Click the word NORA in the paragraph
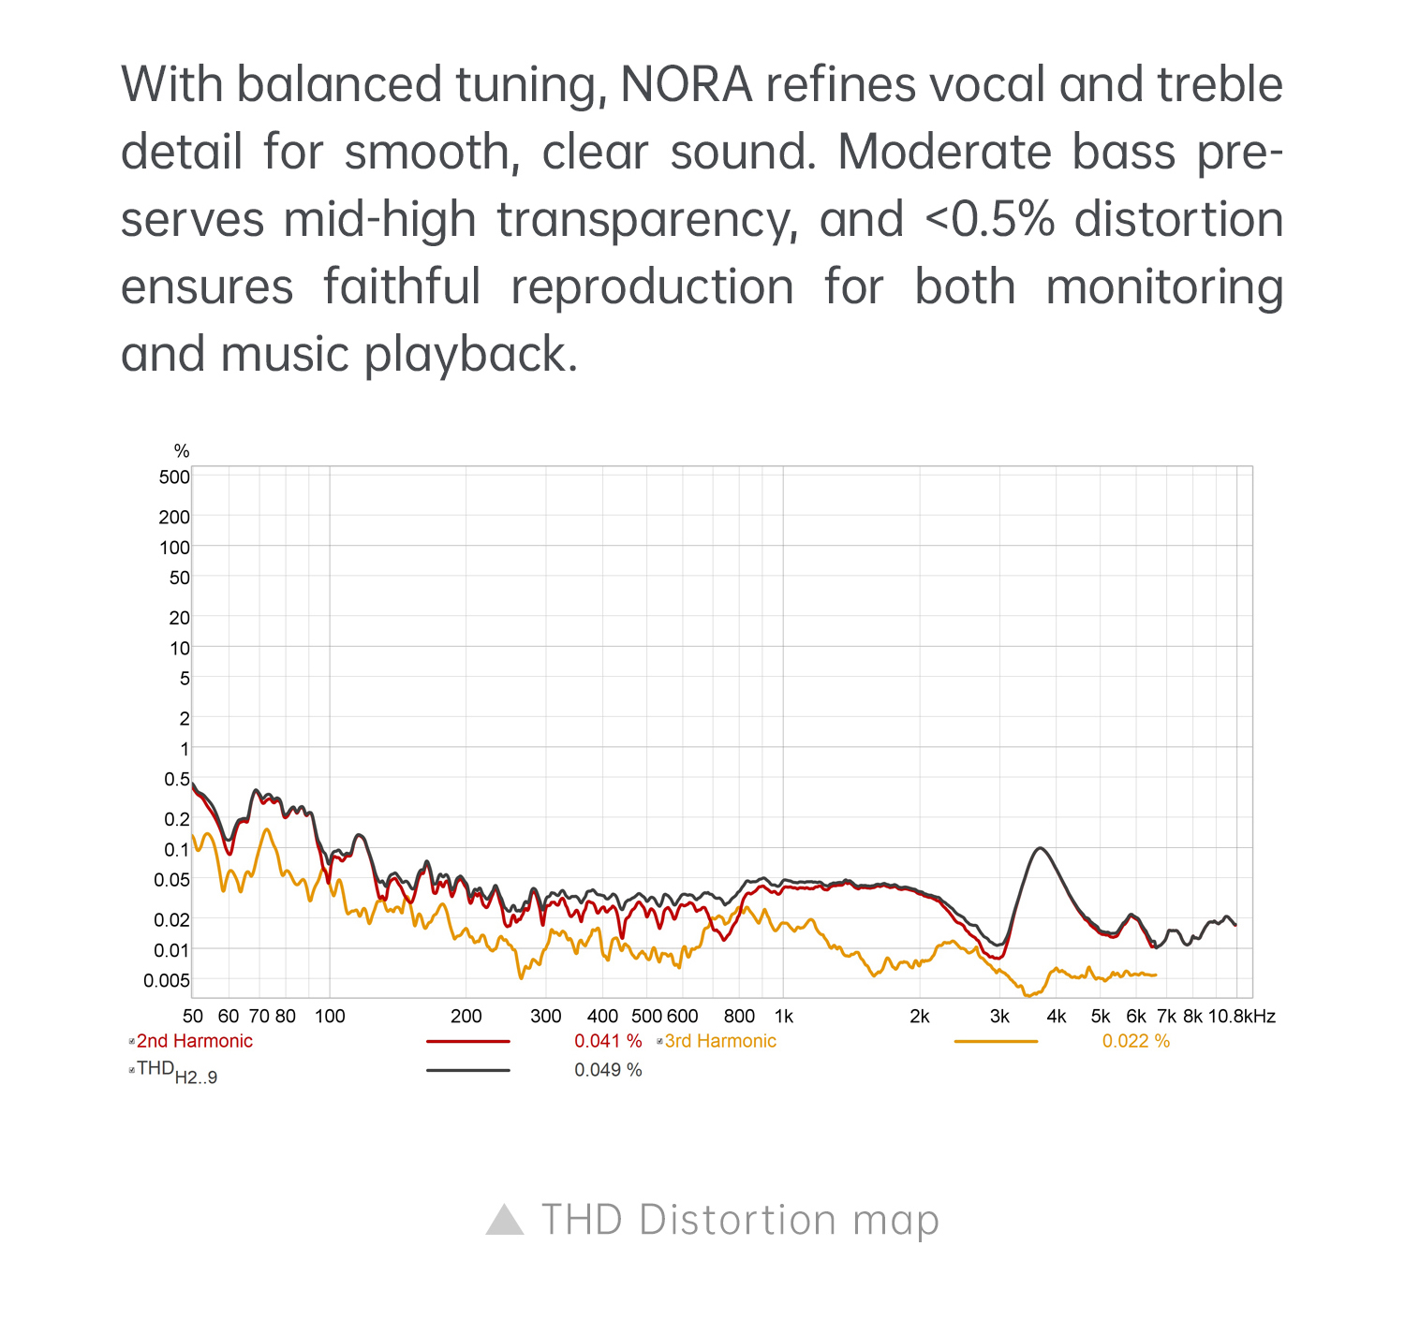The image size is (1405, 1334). (687, 85)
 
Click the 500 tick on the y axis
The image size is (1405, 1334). (174, 476)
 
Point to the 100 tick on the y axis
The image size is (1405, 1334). (174, 548)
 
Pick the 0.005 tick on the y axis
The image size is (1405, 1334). (167, 980)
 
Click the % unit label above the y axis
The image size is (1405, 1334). (182, 451)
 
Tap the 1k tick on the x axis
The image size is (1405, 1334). (784, 1017)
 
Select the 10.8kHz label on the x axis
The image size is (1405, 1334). (1241, 1017)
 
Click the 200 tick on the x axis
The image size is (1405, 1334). (466, 1017)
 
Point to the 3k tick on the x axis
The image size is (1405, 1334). (999, 1017)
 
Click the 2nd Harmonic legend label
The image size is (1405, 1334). (195, 1041)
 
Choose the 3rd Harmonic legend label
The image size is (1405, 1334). (720, 1041)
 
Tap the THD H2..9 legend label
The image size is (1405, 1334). (177, 1072)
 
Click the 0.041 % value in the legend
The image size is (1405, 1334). (608, 1041)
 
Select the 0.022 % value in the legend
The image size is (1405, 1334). (1135, 1041)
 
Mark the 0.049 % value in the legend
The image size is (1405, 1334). (608, 1070)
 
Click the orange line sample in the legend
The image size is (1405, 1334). (996, 1041)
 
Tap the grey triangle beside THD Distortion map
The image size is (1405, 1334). (505, 1220)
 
